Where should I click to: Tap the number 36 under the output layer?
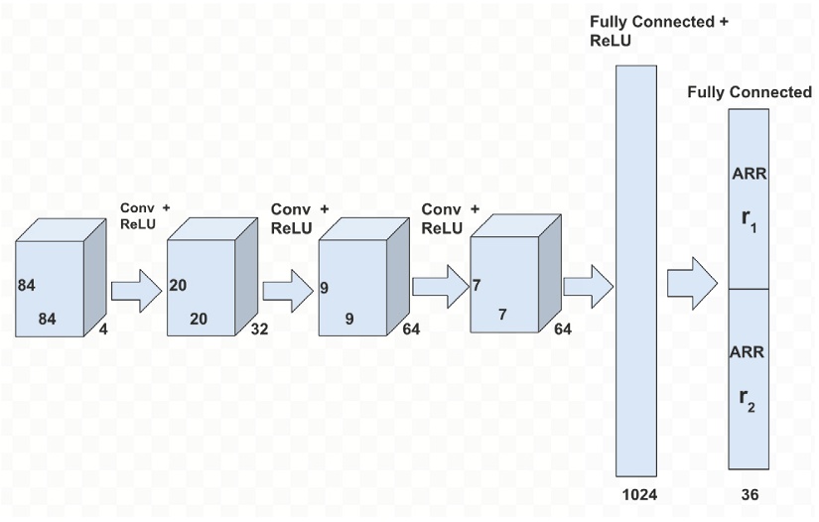point(750,494)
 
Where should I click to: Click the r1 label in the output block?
point(748,219)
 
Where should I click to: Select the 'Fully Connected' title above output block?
point(750,92)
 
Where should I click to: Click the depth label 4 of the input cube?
point(103,328)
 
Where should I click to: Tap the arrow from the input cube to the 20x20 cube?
point(136,291)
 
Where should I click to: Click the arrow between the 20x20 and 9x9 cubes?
point(288,291)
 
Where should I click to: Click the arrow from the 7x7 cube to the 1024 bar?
point(589,283)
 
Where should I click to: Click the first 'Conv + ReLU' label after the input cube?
point(145,215)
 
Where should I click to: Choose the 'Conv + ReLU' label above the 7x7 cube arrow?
point(450,218)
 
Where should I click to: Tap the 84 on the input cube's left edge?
point(27,286)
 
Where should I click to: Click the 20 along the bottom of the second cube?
point(199,320)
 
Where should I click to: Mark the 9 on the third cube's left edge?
point(325,289)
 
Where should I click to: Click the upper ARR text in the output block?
point(748,174)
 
